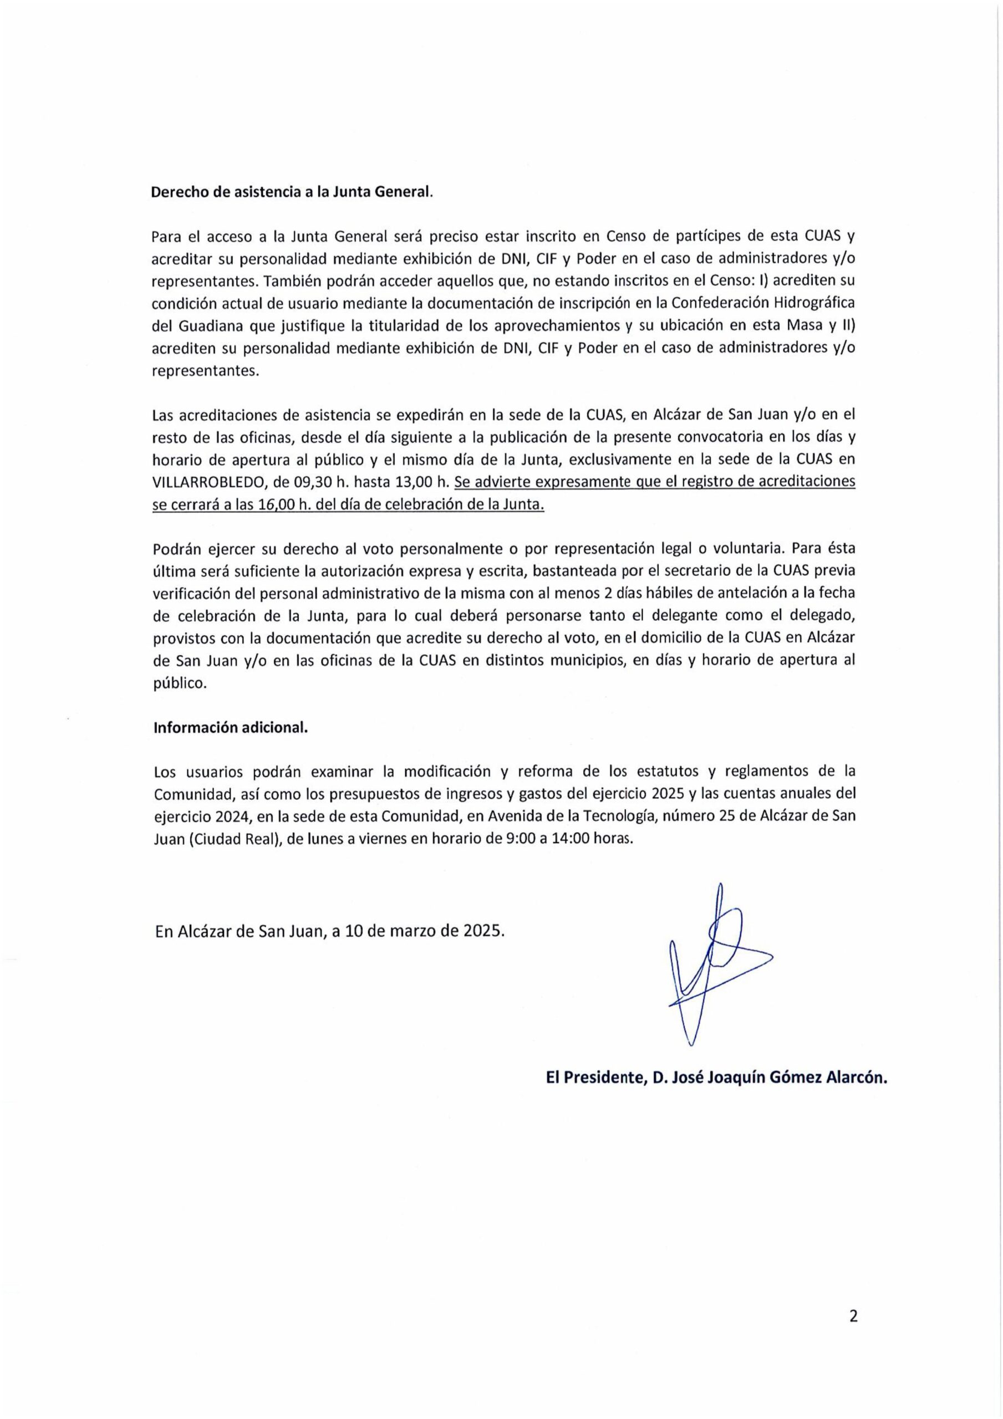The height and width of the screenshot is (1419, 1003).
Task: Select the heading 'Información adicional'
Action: click(230, 727)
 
